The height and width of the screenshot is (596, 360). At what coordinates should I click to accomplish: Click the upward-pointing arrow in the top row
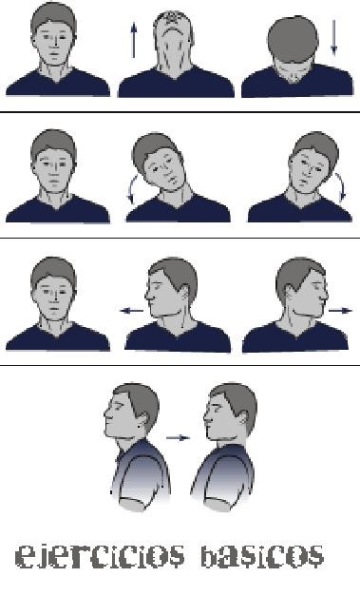(133, 40)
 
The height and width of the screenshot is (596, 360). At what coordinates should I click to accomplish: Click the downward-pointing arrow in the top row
(333, 37)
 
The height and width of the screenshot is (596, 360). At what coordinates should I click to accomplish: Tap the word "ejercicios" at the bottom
(101, 556)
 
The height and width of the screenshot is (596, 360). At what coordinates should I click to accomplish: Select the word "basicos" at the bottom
(262, 556)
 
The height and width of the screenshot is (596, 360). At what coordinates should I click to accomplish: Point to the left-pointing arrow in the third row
(131, 311)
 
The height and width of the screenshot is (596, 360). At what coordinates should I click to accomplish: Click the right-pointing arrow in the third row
(340, 311)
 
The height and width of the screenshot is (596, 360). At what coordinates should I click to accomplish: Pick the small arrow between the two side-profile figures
(178, 438)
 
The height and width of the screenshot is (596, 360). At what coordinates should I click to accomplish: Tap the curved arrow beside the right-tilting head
(341, 186)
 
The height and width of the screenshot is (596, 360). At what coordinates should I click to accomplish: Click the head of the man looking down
(294, 40)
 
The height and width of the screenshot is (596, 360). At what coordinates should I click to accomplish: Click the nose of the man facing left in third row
(147, 295)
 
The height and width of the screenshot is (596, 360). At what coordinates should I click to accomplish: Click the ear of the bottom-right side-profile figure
(243, 419)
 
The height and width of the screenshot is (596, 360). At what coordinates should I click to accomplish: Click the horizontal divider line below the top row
(180, 112)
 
